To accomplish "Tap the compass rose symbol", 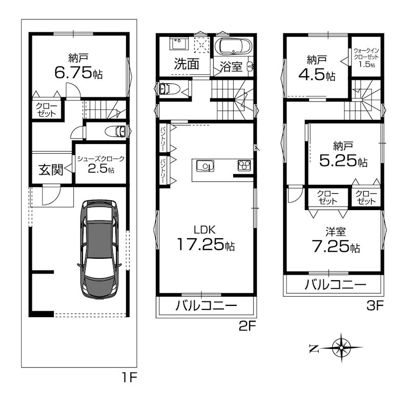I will tap(340, 348).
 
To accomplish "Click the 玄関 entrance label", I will tap(51, 169).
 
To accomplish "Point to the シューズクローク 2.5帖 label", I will tap(101, 165).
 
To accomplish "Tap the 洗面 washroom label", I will tap(186, 65).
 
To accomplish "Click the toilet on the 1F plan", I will tap(115, 131).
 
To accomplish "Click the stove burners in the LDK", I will tap(243, 165).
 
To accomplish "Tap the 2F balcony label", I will tap(206, 307).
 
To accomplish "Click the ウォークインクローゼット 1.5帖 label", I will tap(366, 58).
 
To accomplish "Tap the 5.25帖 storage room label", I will tap(343, 154).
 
